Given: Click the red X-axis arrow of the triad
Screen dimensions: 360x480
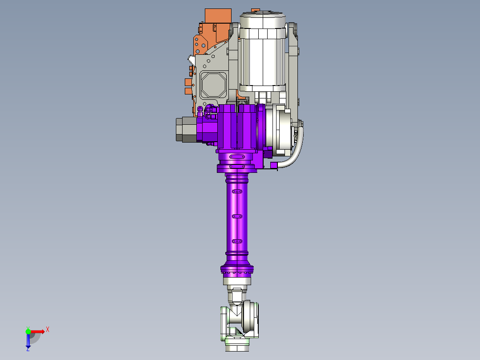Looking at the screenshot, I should click(x=38, y=331).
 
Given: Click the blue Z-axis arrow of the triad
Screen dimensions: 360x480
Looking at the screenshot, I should click(x=28, y=340).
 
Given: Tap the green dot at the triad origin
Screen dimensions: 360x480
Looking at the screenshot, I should click(x=28, y=331).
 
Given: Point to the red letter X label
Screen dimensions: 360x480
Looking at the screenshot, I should click(x=48, y=330).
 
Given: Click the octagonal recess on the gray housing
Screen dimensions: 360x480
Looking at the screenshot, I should click(x=213, y=85).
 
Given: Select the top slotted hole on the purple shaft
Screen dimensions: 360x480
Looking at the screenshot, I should click(x=236, y=191).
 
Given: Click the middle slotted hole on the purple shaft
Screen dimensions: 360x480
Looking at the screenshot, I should click(x=236, y=216).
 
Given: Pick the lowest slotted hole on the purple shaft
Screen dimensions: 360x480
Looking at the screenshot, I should click(x=236, y=241).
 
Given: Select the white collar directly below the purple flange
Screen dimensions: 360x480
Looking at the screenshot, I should click(x=237, y=281).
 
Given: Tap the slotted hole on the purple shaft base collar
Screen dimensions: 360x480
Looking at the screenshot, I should click(x=237, y=157).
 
